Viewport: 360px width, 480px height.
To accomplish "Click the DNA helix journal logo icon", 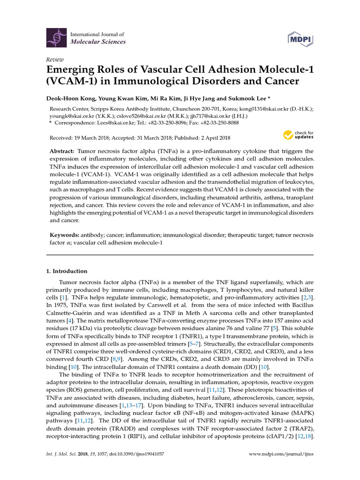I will click(55, 38).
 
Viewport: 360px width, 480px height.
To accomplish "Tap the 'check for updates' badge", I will click(298, 135).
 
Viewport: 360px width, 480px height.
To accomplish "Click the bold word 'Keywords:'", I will click(63, 234).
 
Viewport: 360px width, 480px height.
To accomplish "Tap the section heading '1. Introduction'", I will click(66, 271).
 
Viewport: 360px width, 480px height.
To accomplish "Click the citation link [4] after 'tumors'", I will click(69, 320).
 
